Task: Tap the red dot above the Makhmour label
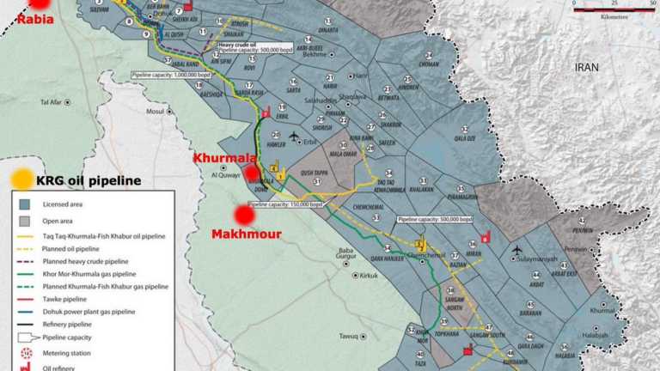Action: (x=245, y=215)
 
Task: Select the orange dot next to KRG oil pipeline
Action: (x=22, y=179)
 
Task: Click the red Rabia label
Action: (x=17, y=19)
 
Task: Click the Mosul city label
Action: (x=154, y=111)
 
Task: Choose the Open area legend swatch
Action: (x=26, y=220)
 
